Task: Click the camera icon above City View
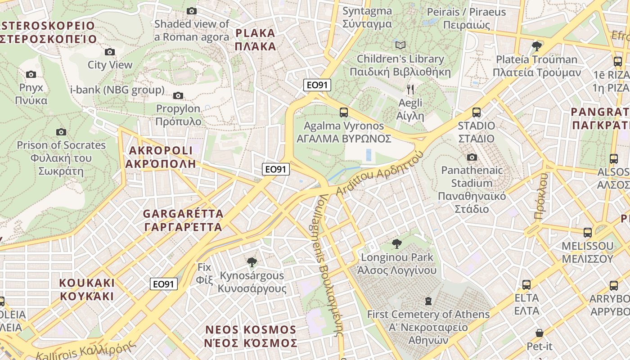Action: [109, 52]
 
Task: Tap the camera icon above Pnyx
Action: [31, 74]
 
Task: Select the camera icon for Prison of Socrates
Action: [61, 132]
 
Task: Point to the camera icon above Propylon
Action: [178, 95]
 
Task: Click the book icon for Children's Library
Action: [400, 45]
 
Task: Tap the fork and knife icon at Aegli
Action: [410, 90]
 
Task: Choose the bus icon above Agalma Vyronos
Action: [344, 112]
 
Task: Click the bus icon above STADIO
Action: [477, 112]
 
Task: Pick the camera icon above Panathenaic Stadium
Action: [472, 157]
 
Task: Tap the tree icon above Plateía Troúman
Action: [536, 45]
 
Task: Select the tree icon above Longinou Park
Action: [396, 244]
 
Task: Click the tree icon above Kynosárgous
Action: [252, 262]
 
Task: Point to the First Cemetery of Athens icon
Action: [428, 301]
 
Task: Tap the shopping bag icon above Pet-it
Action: [540, 333]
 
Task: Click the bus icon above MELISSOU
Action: [588, 232]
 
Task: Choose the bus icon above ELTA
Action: [526, 284]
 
